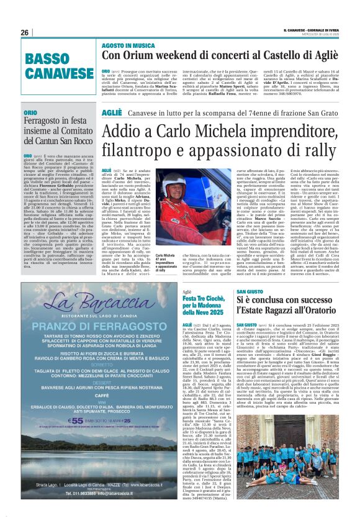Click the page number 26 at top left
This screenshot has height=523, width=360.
[24, 33]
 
